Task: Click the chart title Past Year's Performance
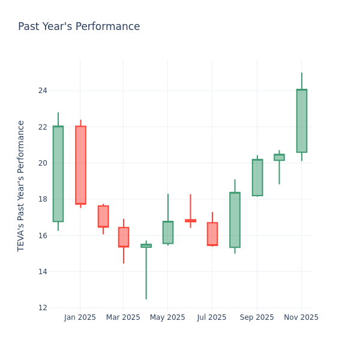click(79, 27)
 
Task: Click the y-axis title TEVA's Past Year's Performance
click(21, 185)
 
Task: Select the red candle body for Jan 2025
click(80, 165)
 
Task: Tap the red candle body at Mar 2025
click(124, 237)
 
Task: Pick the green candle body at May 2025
click(168, 232)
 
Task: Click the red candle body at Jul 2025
click(212, 233)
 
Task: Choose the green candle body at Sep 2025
click(257, 178)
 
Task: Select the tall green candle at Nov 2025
click(302, 121)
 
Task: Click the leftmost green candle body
click(58, 174)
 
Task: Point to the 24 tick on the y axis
click(43, 91)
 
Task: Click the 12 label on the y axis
click(43, 308)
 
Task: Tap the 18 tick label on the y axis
click(43, 199)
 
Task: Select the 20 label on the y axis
click(43, 163)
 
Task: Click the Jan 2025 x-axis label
click(80, 317)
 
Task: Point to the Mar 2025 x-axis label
click(123, 317)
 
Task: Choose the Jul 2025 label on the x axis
click(212, 317)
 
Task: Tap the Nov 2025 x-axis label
click(301, 317)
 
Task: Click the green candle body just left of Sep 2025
click(235, 220)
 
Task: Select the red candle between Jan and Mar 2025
click(103, 216)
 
